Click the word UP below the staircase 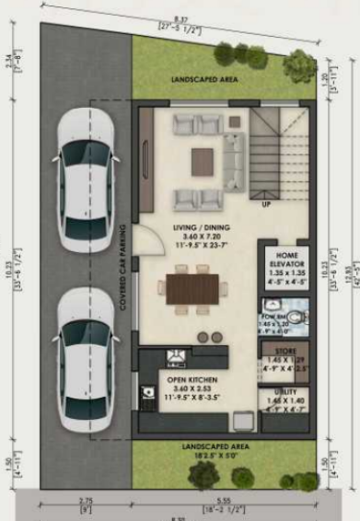(x=265, y=204)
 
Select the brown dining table (x=193, y=287)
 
